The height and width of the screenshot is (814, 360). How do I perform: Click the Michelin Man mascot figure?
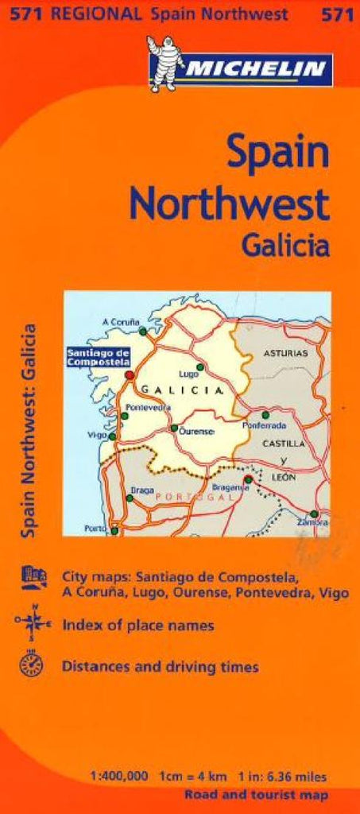(x=166, y=64)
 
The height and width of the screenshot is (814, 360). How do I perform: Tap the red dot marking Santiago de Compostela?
(x=130, y=374)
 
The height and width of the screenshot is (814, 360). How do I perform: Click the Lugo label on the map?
(x=188, y=373)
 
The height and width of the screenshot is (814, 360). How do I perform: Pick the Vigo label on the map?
(x=98, y=436)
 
